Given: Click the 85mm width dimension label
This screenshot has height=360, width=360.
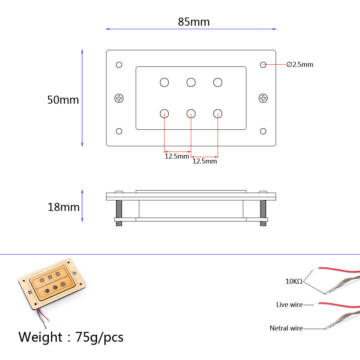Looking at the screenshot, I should (194, 22).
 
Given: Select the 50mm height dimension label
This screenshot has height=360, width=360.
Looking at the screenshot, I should (63, 100).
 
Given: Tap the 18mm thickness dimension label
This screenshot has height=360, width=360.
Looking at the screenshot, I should (64, 207).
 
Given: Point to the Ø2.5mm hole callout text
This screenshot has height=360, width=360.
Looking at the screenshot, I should (300, 65).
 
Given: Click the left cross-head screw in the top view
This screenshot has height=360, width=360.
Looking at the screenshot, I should (119, 98).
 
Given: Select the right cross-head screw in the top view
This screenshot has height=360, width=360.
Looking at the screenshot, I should (263, 98).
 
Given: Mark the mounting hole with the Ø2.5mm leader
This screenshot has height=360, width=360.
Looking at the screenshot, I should (263, 65).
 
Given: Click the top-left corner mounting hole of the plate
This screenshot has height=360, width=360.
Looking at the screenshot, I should (119, 65).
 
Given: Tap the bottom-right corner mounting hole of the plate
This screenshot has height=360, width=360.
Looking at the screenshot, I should (263, 131).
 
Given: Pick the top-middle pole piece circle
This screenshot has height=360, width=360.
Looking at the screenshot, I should (191, 82).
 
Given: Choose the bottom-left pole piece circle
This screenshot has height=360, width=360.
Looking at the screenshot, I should (164, 114).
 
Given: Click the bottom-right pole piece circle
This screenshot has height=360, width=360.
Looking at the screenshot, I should (218, 114).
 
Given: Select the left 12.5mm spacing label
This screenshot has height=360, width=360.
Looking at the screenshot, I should (177, 156).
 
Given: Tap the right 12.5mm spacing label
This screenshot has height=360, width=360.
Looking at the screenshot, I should (205, 161).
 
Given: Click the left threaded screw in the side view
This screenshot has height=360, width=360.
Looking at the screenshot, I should (118, 212).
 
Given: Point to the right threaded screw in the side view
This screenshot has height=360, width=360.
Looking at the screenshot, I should (263, 212).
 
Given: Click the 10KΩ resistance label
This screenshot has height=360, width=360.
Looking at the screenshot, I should (294, 282).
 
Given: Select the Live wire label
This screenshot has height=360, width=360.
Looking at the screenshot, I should (289, 305).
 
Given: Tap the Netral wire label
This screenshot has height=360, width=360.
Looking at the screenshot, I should (286, 328).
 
